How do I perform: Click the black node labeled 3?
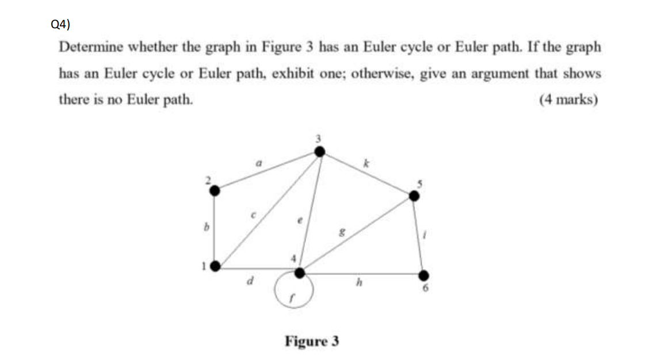(320, 151)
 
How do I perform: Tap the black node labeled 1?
(215, 266)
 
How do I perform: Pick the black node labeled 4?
(299, 272)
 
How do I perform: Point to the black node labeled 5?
(414, 196)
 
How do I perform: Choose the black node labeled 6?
(424, 276)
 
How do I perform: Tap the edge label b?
(202, 228)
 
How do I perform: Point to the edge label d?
(249, 282)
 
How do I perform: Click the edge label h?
(359, 282)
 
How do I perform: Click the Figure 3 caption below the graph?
(312, 342)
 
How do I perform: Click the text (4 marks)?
(569, 100)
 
